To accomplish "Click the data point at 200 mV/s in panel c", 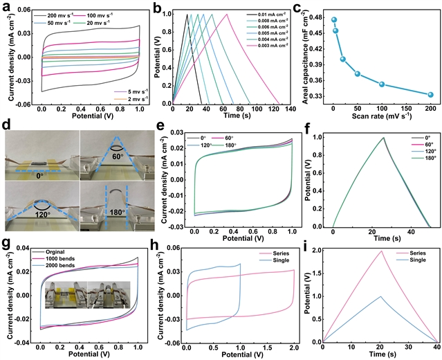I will pos(430,95).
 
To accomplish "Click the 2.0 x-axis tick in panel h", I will pos(295,346).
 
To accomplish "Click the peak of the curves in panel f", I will pos(383,137).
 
